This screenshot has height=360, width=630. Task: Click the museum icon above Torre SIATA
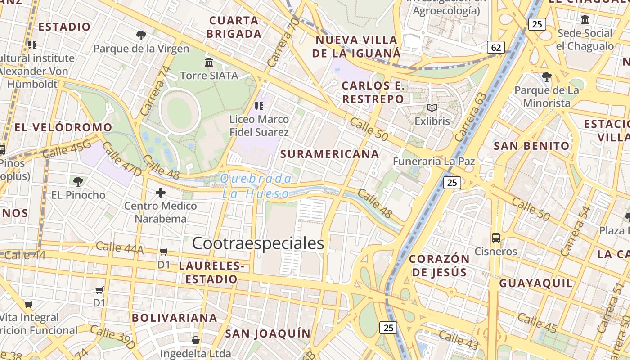[x=209, y=62]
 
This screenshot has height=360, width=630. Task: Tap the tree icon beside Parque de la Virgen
[x=141, y=35]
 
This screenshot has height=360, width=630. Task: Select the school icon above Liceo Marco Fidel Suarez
[x=259, y=106]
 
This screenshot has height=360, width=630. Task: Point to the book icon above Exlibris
[x=432, y=108]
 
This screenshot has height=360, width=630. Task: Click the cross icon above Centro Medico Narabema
[x=160, y=193]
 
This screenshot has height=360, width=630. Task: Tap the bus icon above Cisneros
[x=495, y=238]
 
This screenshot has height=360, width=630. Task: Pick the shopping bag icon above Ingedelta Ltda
[x=196, y=340]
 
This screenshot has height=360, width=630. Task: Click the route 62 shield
[x=495, y=47]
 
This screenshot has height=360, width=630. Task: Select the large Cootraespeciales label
[x=258, y=243]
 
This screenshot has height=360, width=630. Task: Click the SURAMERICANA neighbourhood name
[x=329, y=154]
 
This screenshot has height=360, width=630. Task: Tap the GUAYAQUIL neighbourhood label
[x=536, y=283]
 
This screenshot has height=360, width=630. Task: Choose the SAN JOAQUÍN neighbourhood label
[x=268, y=333]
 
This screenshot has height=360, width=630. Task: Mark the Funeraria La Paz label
[x=434, y=161]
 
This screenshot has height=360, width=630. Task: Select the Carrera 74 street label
[x=156, y=90]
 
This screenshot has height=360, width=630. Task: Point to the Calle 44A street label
[x=119, y=247]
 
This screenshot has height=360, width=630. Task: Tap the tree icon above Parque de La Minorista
[x=546, y=76]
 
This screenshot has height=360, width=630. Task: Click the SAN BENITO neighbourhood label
[x=531, y=146]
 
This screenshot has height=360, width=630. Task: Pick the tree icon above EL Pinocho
[x=78, y=182]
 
